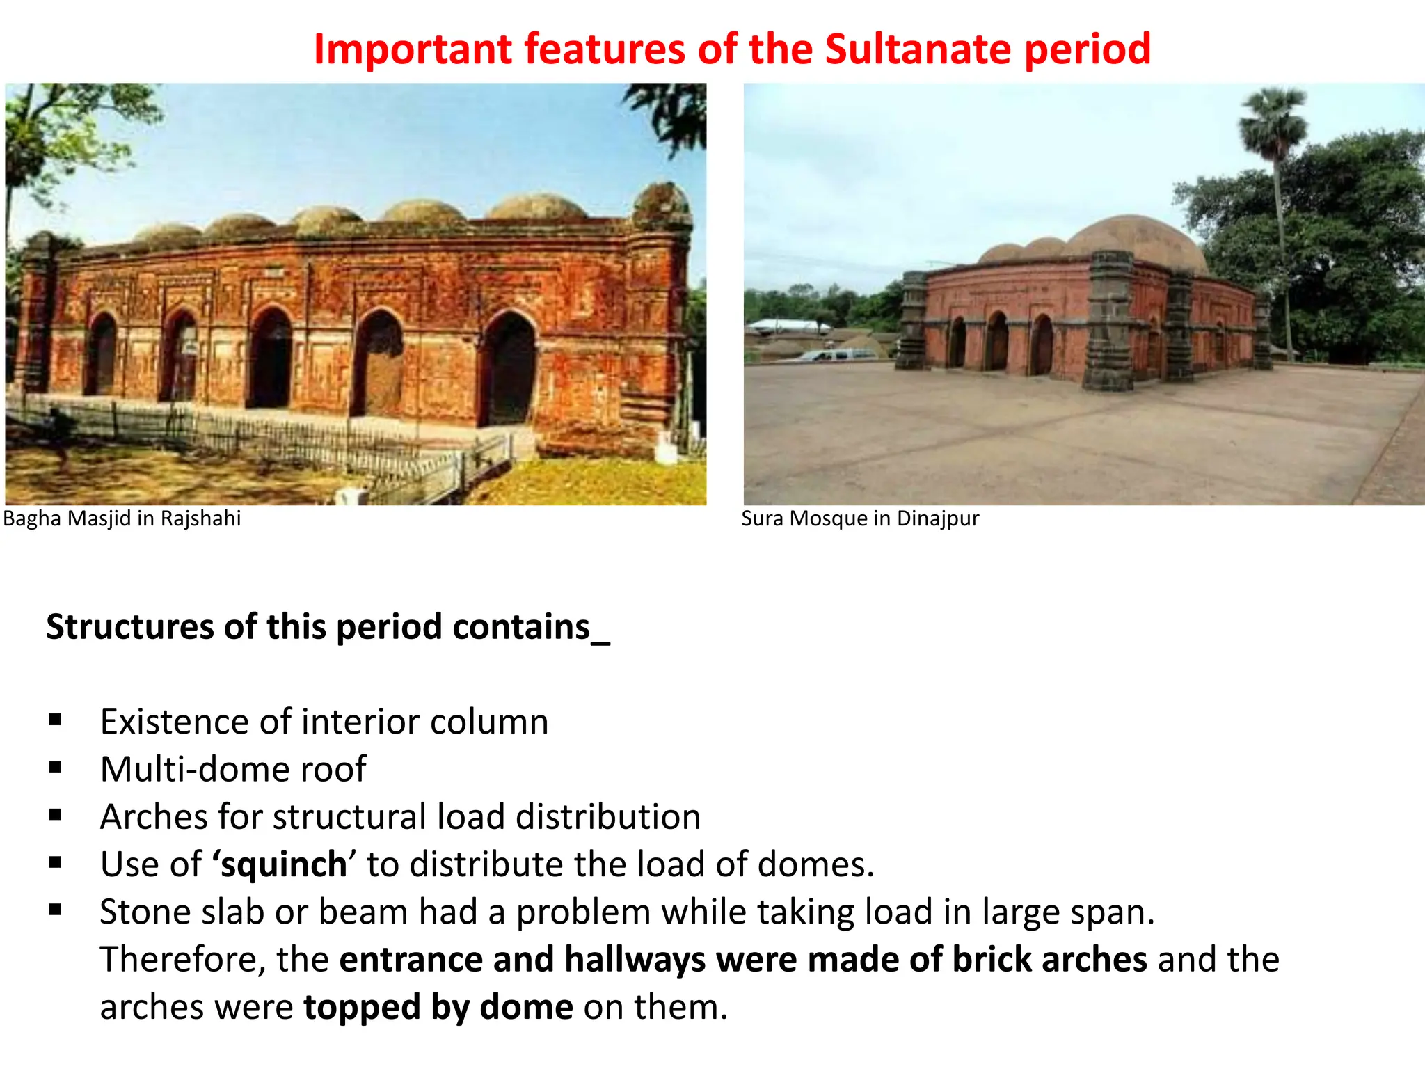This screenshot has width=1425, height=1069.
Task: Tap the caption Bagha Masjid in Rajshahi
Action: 122,518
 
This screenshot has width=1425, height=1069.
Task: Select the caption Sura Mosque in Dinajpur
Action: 860,518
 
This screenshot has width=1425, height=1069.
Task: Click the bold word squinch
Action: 284,864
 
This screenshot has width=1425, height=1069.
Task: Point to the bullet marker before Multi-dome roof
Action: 56,767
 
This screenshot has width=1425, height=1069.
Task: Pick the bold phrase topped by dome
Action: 438,1007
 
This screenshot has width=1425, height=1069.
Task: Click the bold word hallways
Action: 635,959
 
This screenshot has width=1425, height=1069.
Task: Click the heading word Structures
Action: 129,626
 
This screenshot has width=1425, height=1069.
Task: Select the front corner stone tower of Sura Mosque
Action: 1108,320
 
